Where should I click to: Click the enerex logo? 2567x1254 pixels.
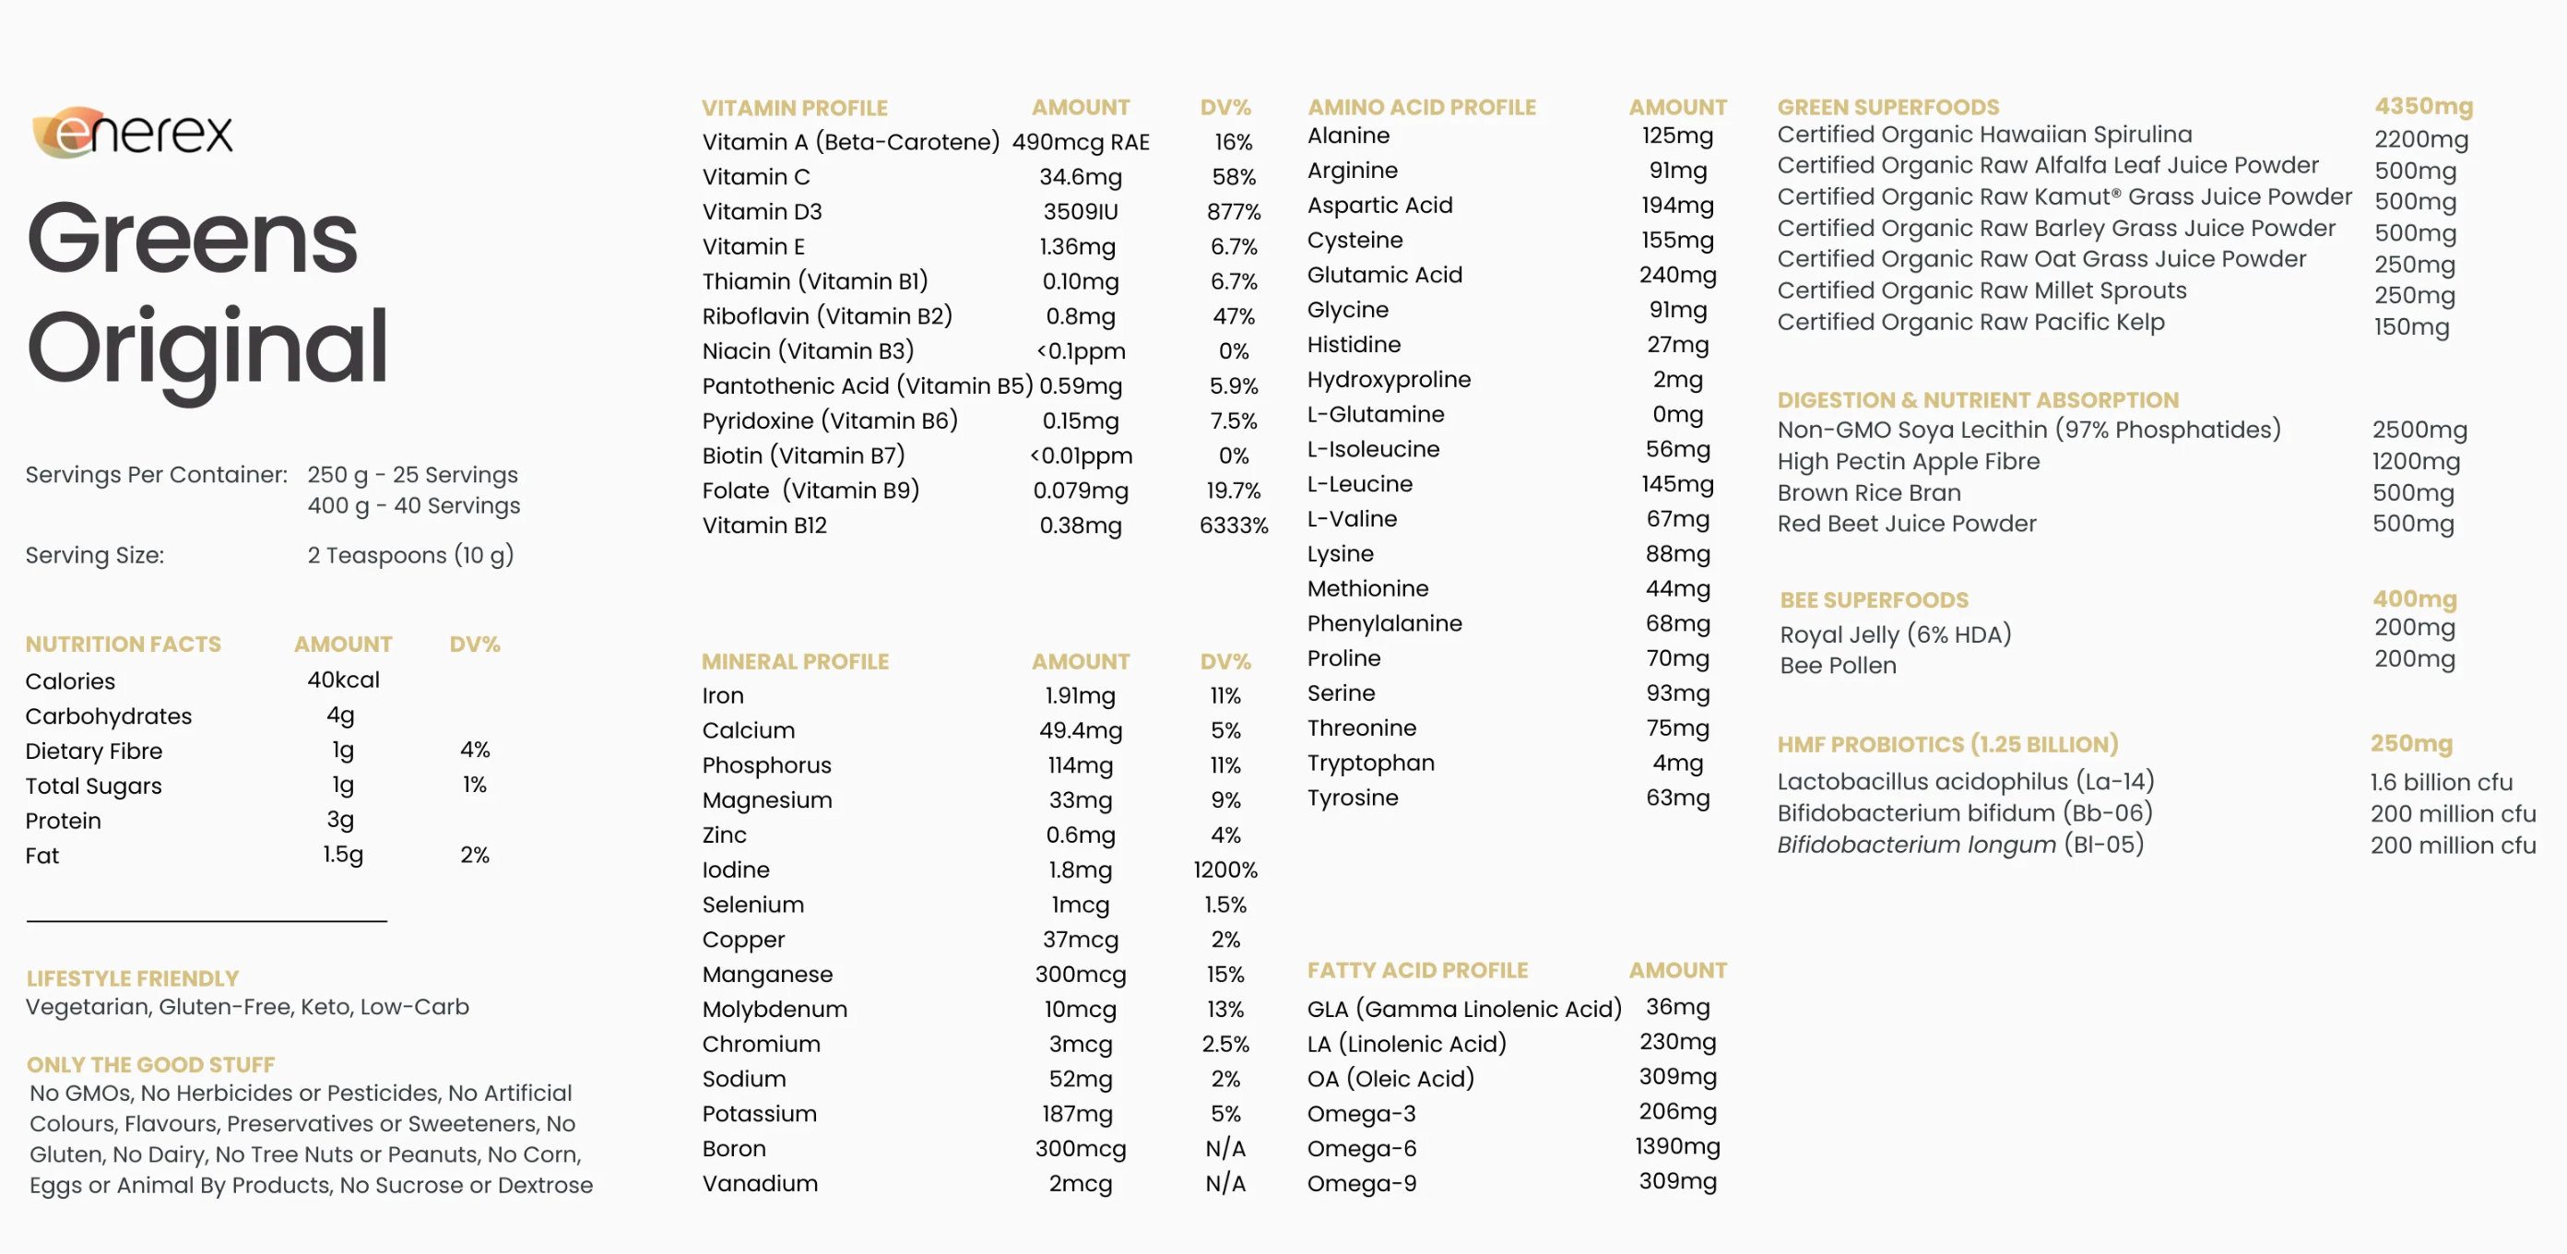point(133,133)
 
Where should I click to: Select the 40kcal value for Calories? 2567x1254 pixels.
point(343,680)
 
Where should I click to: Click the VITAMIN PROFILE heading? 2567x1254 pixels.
point(794,108)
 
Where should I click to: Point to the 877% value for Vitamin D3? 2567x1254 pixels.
point(1233,211)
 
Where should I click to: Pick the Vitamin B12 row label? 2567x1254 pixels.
point(764,526)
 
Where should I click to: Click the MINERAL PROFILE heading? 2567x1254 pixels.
point(794,661)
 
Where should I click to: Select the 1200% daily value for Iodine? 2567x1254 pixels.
point(1224,870)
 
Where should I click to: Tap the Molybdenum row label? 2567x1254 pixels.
point(775,1009)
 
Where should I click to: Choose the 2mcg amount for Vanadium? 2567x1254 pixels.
point(1081,1183)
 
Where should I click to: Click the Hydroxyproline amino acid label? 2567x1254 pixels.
point(1388,380)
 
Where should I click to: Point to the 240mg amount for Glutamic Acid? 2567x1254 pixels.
point(1677,275)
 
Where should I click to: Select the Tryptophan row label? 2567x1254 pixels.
point(1370,763)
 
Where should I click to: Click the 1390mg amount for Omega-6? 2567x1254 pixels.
point(1677,1146)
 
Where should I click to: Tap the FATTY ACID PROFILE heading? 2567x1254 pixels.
point(1417,970)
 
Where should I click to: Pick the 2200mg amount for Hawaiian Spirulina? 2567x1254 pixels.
point(2420,139)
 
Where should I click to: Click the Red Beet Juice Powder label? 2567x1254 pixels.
point(1906,524)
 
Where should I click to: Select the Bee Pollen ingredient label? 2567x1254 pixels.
point(1838,665)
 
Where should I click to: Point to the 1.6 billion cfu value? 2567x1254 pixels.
point(2441,783)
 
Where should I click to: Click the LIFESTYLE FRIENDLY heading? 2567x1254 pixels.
point(133,978)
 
